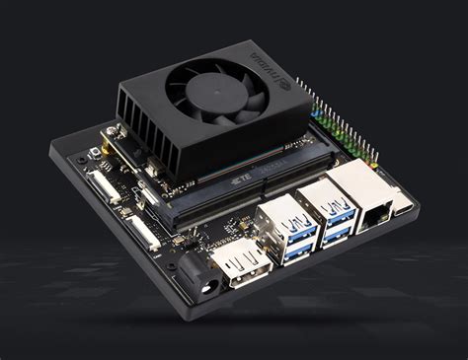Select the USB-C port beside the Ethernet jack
406,206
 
